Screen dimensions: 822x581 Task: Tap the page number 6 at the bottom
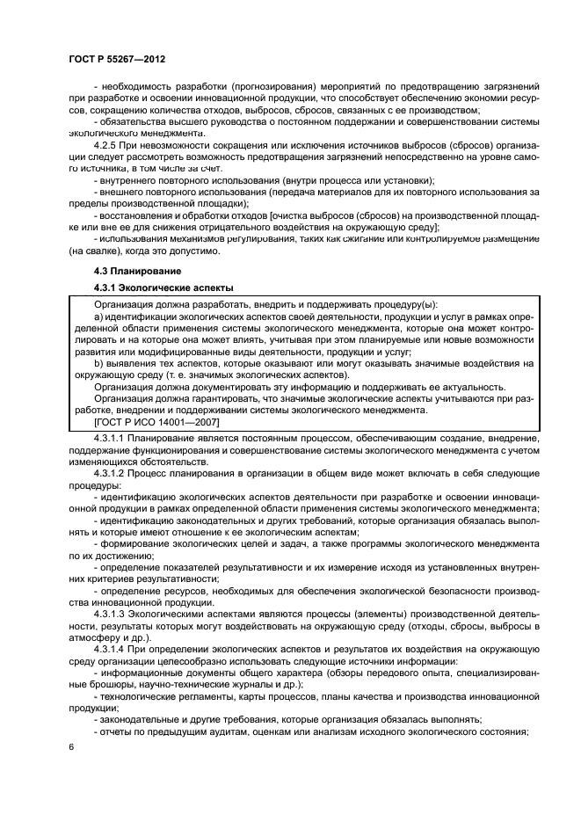coord(70,747)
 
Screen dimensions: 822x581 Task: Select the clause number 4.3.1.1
coord(113,437)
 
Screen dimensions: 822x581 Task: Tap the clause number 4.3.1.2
coord(113,472)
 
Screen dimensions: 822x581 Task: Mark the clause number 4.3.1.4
coord(113,651)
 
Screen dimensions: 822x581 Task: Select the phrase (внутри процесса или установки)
coord(307,180)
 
